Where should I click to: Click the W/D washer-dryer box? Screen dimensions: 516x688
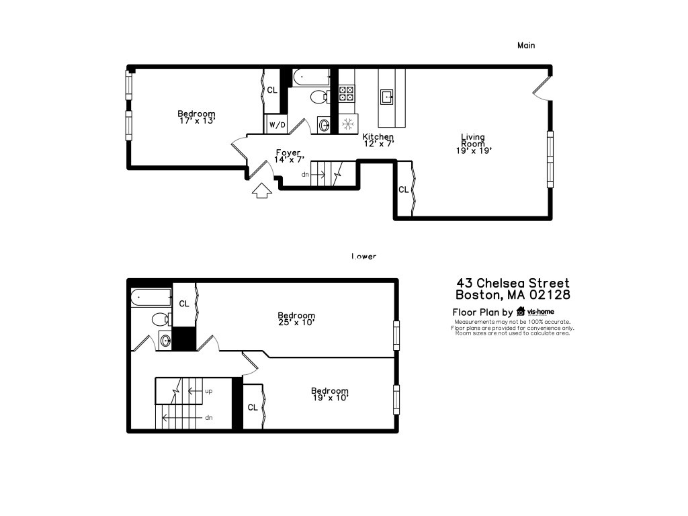(277, 125)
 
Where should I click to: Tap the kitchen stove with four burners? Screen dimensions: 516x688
(347, 93)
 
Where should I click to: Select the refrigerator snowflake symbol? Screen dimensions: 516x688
(348, 124)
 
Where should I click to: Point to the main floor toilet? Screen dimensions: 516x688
(319, 97)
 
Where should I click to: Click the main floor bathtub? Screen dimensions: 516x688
(309, 77)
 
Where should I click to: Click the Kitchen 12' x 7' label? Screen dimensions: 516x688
(378, 140)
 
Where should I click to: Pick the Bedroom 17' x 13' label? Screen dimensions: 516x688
(196, 117)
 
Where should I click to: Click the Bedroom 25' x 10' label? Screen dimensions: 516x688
(296, 318)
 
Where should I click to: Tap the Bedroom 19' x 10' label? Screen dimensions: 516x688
(329, 394)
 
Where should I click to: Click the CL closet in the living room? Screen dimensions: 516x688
(404, 190)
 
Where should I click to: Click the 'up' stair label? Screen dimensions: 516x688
(208, 390)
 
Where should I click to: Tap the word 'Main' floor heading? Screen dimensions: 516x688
(526, 45)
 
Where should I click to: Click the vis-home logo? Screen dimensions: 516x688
(535, 312)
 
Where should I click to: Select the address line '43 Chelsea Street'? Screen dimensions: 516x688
(513, 284)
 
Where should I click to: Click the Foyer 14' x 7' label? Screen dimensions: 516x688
(289, 156)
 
